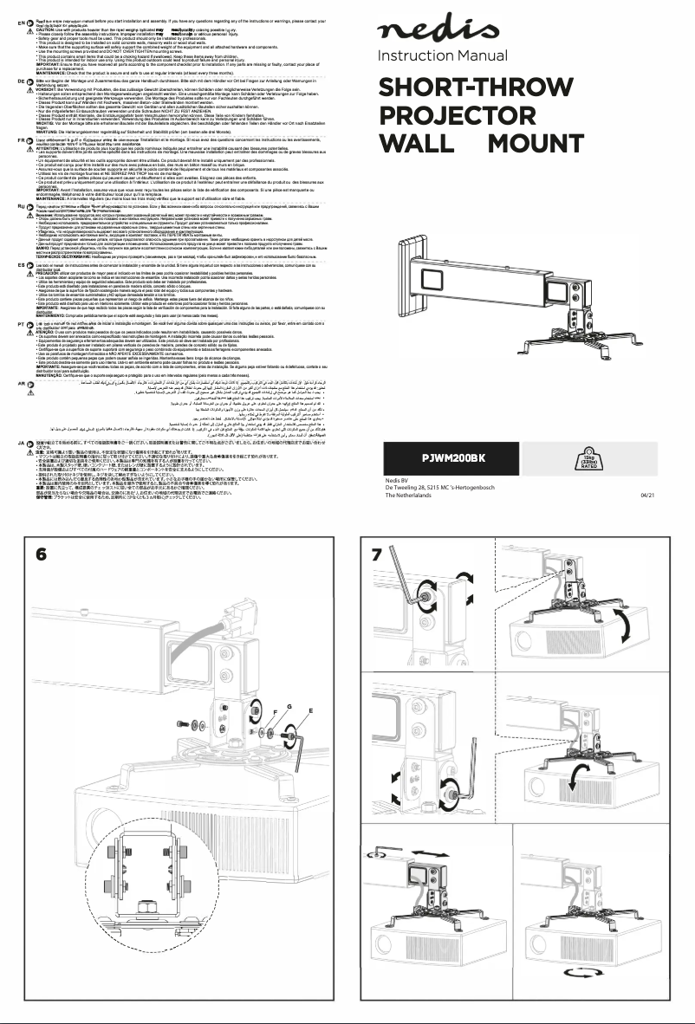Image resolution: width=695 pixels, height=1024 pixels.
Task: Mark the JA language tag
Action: point(9,442)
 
